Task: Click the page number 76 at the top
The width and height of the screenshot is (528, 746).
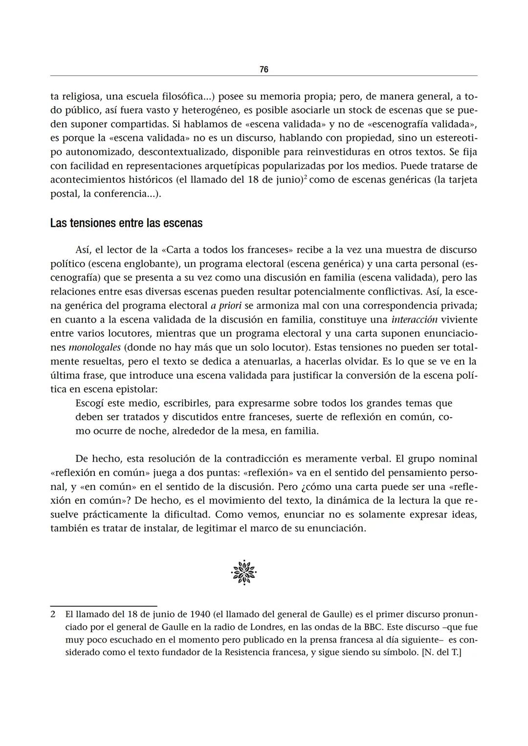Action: click(264, 69)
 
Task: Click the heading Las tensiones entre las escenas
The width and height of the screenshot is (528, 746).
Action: click(126, 223)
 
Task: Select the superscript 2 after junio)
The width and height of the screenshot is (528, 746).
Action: click(305, 177)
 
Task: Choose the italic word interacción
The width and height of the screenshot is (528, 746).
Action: click(414, 320)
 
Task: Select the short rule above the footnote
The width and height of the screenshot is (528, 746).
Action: click(104, 606)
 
